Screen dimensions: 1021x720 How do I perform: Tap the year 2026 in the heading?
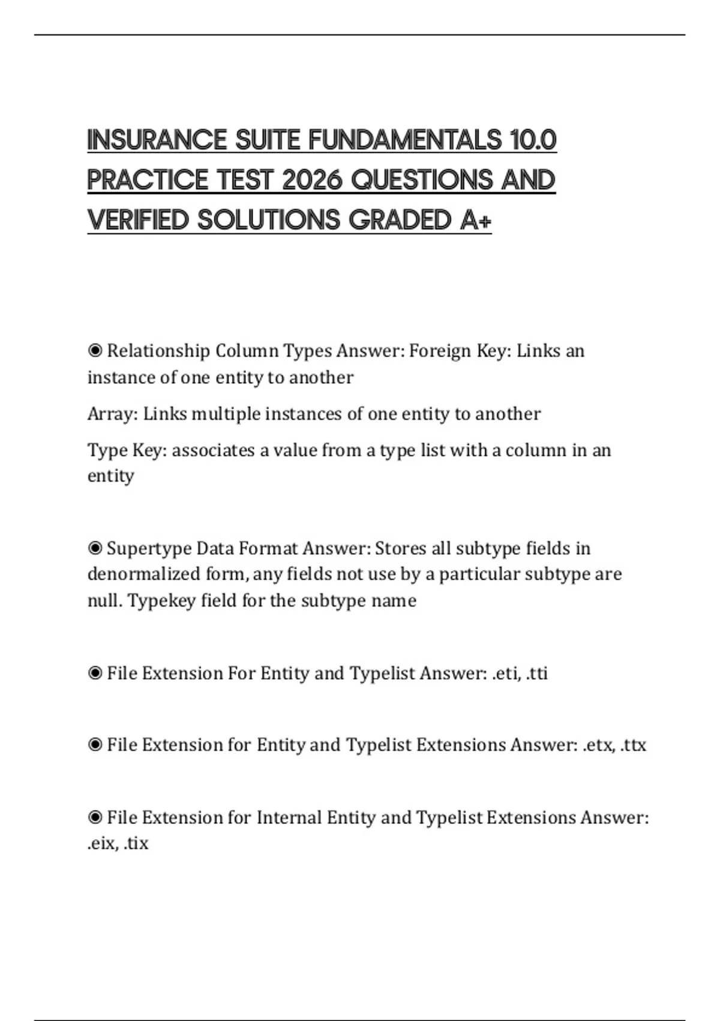pos(313,180)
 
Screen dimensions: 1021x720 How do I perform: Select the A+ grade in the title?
pos(476,220)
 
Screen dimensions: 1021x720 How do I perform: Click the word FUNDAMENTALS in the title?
pos(405,140)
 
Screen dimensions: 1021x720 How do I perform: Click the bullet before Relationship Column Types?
pos(95,350)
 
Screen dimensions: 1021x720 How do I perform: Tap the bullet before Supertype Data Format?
pos(95,548)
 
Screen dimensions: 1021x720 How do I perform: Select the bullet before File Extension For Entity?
pos(95,673)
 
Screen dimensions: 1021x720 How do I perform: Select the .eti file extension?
pos(505,673)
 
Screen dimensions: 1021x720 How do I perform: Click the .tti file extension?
pos(536,673)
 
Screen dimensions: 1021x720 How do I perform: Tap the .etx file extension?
pos(598,745)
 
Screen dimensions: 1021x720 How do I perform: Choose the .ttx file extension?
pos(633,745)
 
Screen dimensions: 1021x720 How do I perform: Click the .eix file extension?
pos(100,844)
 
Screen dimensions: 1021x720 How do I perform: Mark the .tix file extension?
pos(136,844)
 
